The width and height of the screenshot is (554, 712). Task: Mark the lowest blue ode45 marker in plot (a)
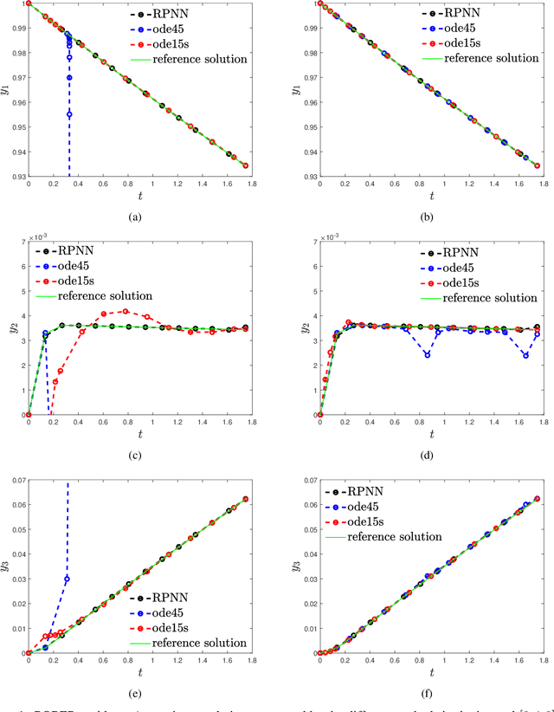point(69,114)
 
